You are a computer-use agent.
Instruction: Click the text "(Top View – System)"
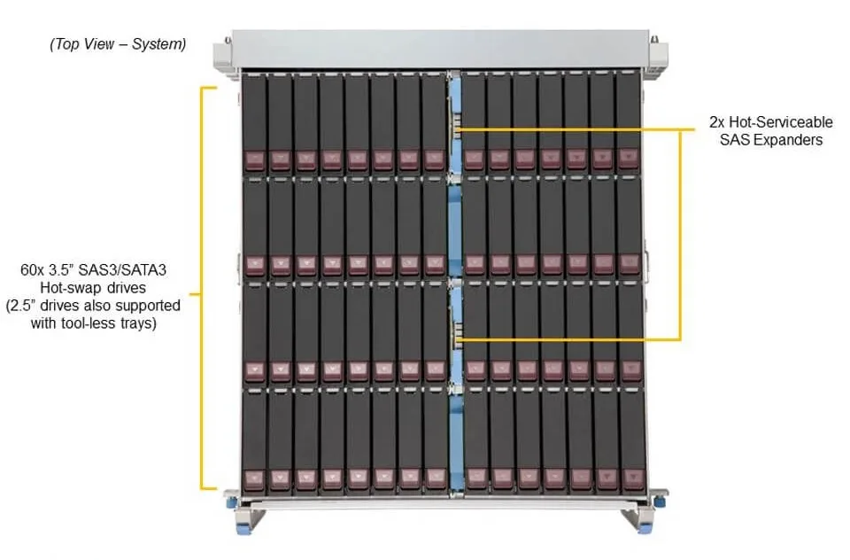point(118,44)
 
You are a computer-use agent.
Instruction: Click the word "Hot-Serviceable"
point(781,121)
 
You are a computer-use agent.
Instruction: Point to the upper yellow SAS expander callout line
point(576,129)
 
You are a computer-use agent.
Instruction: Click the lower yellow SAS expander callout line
point(568,339)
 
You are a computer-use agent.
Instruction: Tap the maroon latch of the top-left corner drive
point(254,160)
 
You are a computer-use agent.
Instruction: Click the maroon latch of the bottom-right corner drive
point(631,478)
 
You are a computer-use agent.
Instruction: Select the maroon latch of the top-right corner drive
point(629,158)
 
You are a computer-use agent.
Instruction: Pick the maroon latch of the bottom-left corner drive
point(254,479)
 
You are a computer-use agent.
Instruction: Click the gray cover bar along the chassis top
point(440,50)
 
